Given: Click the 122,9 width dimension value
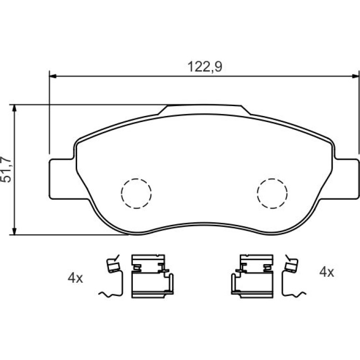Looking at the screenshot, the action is coord(205,67).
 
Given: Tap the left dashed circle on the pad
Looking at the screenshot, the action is coord(137,193).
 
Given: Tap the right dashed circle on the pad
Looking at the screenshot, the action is coord(272,193).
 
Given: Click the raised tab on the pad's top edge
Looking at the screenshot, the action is coord(204,109).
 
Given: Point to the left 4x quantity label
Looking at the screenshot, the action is coord(75,278).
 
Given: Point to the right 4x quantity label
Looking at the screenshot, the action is coord(327,272).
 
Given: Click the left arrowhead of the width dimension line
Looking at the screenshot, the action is coord(53,76).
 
